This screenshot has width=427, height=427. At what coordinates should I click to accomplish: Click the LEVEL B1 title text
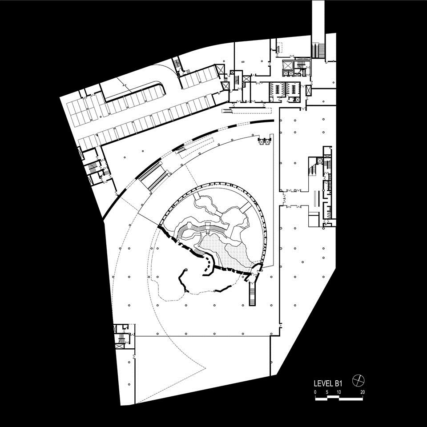click(x=328, y=383)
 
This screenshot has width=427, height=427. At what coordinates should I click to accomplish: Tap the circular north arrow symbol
click(x=358, y=380)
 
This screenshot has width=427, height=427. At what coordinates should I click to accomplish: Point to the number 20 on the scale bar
click(x=363, y=392)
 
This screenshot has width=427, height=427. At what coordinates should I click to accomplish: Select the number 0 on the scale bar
click(x=315, y=392)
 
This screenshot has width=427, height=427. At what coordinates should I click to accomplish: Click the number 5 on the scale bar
click(x=327, y=392)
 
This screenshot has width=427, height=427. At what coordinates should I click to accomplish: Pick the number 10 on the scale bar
click(x=338, y=392)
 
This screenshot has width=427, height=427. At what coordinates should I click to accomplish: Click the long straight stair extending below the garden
click(x=253, y=294)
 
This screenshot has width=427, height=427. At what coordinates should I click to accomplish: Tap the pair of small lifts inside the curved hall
click(x=264, y=141)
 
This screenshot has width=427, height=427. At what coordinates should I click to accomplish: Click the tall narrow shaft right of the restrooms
click(x=308, y=90)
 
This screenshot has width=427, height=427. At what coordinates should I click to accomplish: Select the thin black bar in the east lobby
click(x=316, y=198)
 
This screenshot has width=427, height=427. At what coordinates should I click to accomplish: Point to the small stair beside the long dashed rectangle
click(x=226, y=111)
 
